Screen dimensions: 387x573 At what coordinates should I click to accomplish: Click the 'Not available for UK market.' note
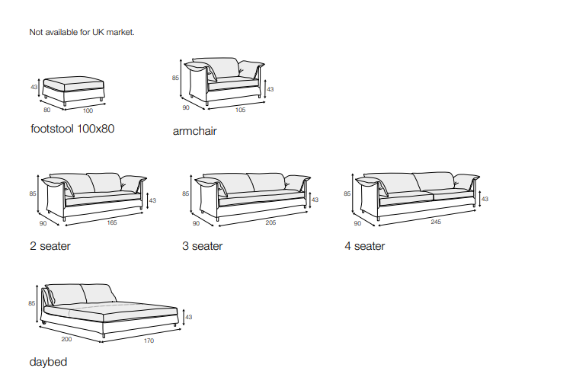pos(82,32)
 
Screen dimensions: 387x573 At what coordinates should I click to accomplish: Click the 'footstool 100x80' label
pos(72,129)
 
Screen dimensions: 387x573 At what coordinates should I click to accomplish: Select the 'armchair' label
pos(195,131)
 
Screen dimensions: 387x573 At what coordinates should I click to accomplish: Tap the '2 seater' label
pos(50,246)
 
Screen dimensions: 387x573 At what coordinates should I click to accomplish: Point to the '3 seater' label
pos(203,246)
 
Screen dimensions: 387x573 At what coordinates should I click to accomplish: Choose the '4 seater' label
pos(364,246)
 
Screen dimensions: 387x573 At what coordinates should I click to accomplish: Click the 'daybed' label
pos(48,362)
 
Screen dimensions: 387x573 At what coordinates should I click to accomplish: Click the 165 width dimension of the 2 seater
pos(112,222)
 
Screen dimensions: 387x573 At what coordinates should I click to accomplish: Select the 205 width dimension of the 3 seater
pos(270,222)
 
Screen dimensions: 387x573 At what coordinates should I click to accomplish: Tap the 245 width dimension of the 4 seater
pos(436,222)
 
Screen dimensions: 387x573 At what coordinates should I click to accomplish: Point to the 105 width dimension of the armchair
pos(240,109)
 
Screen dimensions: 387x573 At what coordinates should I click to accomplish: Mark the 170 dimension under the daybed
pos(149,341)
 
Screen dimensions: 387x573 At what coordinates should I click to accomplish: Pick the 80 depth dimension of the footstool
pos(46,110)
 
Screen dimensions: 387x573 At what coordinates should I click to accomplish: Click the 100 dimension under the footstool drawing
pos(88,110)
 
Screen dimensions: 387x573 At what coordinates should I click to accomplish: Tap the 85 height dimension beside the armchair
pos(175,78)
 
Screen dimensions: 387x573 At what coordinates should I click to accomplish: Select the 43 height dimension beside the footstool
pos(34,88)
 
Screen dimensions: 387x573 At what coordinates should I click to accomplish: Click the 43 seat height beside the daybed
pos(189,316)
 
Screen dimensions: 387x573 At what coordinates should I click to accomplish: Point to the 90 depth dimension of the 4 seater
pos(357,223)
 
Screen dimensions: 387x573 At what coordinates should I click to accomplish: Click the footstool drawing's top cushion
pos(74,82)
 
